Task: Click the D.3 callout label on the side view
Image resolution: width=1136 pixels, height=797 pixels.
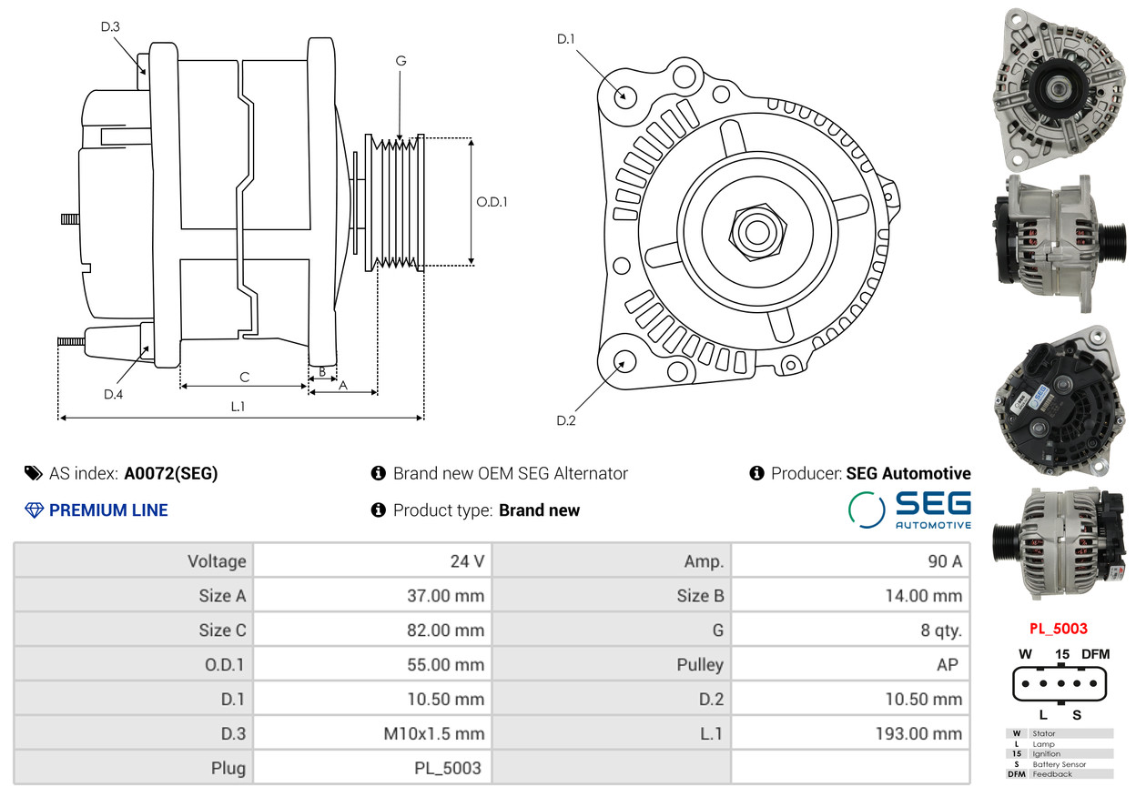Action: click(x=110, y=26)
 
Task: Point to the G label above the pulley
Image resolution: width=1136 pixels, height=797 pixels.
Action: click(x=401, y=61)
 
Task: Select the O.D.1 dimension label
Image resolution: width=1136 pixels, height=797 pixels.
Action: click(x=492, y=202)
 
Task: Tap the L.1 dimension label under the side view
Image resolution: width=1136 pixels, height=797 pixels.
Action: click(x=238, y=406)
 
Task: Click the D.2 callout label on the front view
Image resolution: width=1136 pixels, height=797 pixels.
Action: click(x=566, y=420)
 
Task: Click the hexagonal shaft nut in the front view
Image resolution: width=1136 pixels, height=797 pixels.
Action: click(x=757, y=233)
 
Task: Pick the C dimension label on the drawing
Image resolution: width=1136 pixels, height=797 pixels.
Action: click(x=245, y=378)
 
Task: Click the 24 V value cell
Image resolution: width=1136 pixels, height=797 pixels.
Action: click(x=467, y=561)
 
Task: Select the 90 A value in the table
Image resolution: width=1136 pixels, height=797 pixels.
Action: click(x=945, y=561)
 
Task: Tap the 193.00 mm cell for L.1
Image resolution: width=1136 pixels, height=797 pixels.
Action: click(x=918, y=733)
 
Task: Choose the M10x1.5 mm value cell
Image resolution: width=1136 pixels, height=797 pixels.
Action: click(x=433, y=733)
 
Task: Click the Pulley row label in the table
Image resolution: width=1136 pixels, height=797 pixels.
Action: click(x=700, y=665)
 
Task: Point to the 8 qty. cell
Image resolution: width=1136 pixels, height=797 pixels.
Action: click(x=941, y=631)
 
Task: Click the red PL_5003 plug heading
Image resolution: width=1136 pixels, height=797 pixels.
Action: click(x=1059, y=629)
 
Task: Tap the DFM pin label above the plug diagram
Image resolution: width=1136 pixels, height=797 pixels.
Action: click(x=1095, y=654)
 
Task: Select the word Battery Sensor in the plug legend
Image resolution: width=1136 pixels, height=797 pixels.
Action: click(x=1059, y=764)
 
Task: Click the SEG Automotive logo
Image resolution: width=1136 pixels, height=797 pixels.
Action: click(x=910, y=509)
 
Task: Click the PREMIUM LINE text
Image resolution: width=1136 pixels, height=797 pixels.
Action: click(x=108, y=510)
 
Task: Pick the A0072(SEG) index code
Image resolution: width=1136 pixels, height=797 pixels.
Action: click(x=171, y=473)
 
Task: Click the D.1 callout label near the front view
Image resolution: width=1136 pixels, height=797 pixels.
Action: click(x=566, y=39)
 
